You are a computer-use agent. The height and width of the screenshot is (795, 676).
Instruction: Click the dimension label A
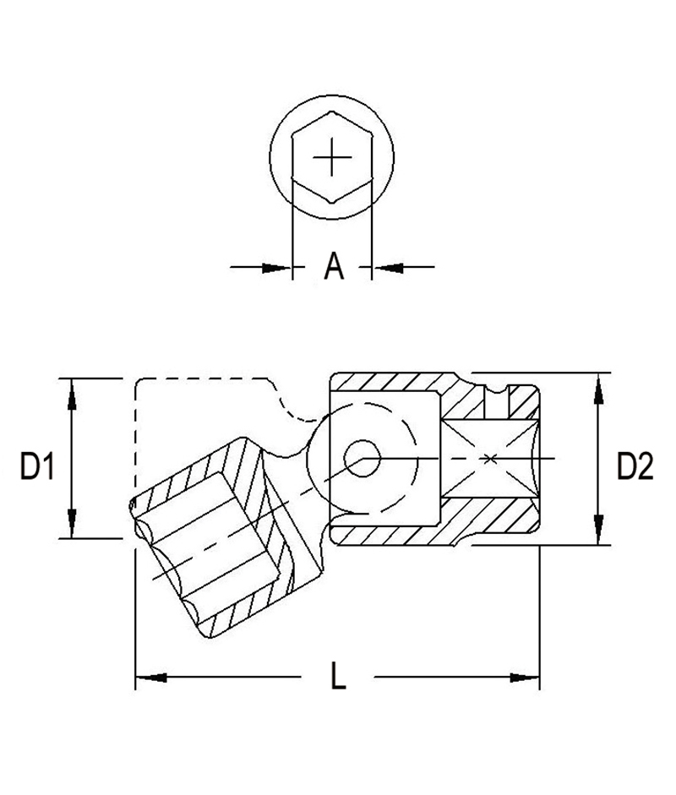coord(335,267)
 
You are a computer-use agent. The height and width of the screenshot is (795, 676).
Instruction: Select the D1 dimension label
coord(38,466)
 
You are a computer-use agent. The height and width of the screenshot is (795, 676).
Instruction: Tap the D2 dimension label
coord(635,466)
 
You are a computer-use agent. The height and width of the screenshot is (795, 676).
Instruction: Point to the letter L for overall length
coord(338,676)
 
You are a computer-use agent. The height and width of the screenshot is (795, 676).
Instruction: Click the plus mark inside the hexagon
coord(330,157)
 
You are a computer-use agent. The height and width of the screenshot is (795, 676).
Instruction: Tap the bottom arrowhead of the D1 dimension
coord(72,525)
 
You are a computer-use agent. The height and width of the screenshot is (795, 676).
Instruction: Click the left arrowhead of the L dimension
coord(149,676)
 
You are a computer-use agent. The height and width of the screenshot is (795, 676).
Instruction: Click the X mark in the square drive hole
coord(490,459)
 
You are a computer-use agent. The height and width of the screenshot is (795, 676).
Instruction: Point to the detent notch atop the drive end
coord(494,390)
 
